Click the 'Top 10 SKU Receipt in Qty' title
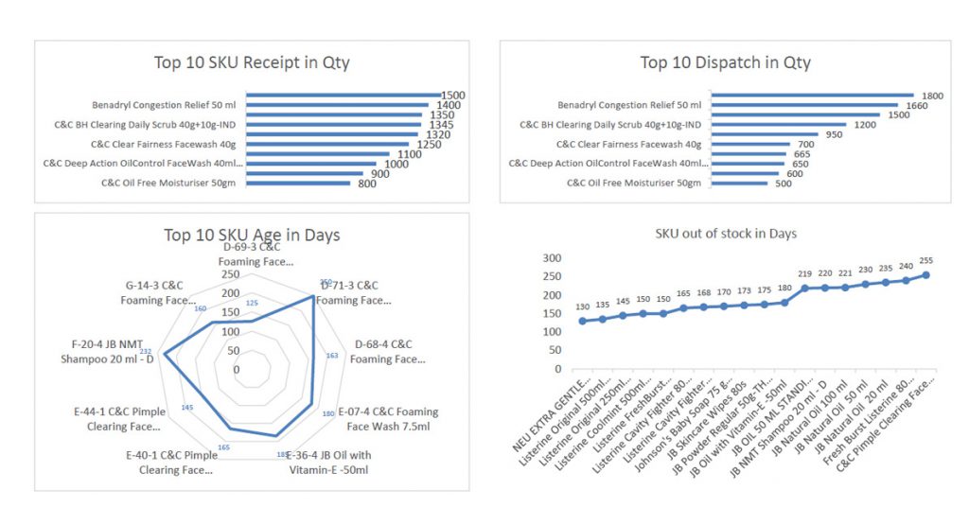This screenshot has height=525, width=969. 252,63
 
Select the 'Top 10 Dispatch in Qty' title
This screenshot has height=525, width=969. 725,63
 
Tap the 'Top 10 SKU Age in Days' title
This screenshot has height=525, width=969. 252,236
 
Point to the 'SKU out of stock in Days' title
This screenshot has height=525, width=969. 726,234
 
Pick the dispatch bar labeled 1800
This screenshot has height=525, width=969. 812,96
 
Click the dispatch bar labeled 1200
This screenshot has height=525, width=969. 782,124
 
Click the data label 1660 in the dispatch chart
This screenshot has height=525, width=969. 913,105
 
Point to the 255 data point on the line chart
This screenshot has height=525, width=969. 925,275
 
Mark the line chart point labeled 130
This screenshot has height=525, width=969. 583,321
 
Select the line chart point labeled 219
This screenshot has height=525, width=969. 805,288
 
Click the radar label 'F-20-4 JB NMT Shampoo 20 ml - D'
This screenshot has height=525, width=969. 107,352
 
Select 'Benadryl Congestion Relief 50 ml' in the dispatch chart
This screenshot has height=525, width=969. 629,105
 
